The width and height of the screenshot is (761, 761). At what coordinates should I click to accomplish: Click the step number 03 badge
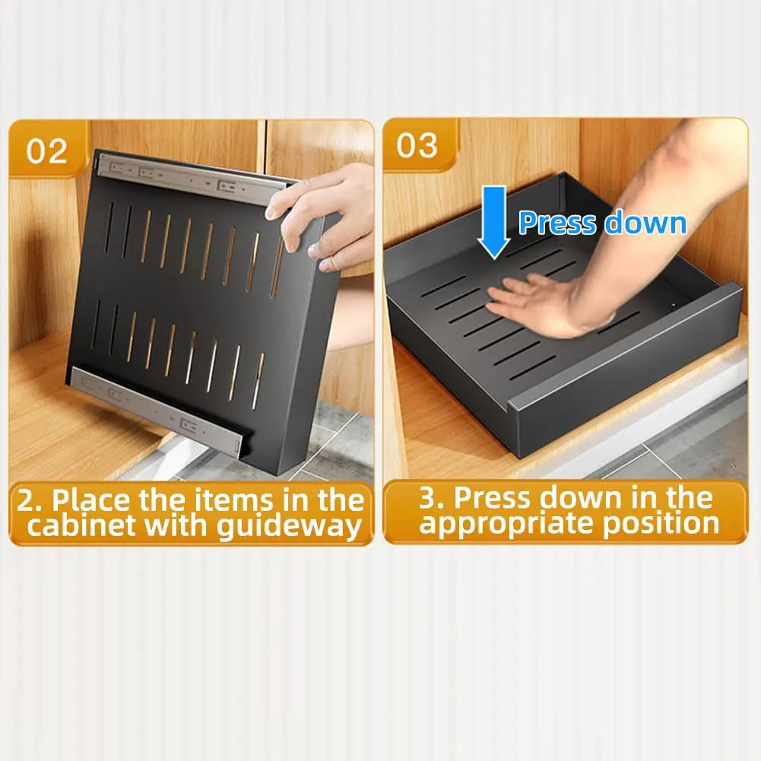[x=417, y=145]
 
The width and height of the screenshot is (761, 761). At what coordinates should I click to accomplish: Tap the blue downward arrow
[x=493, y=223]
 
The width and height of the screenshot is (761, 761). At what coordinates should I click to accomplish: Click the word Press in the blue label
[x=557, y=223]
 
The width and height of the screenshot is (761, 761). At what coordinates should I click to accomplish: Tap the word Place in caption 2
[x=92, y=499]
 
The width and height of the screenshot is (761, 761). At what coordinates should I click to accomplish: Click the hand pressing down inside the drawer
[x=534, y=303]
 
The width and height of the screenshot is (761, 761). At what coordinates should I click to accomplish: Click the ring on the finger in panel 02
[x=328, y=264]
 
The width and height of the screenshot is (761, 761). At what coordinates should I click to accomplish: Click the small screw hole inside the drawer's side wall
[x=673, y=305]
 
